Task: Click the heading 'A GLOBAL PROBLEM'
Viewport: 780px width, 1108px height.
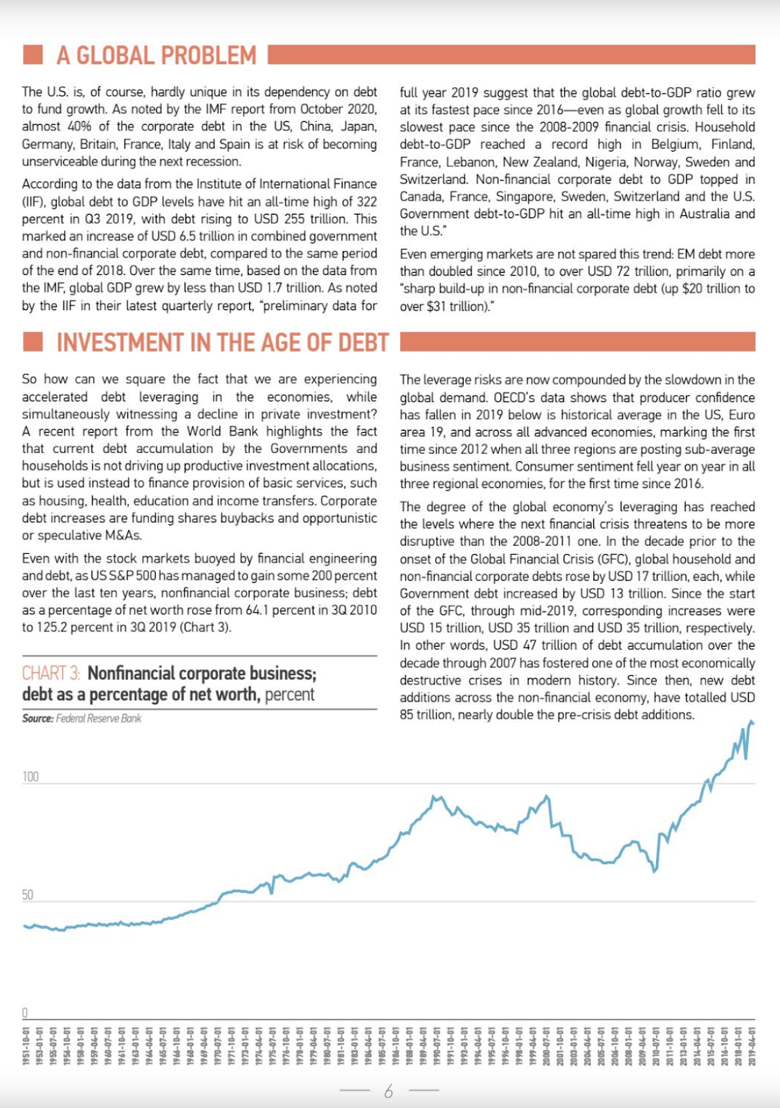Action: [156, 55]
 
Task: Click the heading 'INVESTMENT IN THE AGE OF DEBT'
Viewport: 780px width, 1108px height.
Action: [222, 343]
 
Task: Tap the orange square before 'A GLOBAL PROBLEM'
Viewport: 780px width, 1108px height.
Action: [33, 55]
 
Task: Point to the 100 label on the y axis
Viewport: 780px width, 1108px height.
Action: [30, 776]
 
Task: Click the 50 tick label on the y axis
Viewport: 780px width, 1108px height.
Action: [28, 895]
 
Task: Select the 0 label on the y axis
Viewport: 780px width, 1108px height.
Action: [25, 1012]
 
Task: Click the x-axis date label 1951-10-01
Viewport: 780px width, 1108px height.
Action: [26, 1045]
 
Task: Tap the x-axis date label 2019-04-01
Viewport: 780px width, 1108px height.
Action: [752, 1045]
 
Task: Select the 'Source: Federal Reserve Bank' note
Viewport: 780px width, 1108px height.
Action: [82, 718]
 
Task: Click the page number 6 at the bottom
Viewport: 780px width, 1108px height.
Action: [388, 1091]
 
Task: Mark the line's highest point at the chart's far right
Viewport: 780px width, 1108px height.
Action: [751, 722]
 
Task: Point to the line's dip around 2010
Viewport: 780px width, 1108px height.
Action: [655, 870]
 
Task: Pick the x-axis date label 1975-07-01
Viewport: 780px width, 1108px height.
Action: [273, 1045]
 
